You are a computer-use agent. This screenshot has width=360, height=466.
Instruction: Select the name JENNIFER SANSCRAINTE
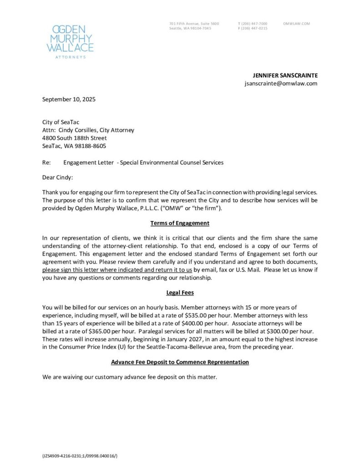(x=285, y=75)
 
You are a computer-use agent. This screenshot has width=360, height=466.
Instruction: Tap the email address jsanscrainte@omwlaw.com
(x=281, y=83)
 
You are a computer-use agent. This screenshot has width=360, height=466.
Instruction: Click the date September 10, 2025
(x=69, y=99)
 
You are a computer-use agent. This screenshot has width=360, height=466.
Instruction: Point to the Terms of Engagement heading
(x=180, y=223)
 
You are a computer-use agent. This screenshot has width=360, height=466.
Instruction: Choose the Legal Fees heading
(x=180, y=287)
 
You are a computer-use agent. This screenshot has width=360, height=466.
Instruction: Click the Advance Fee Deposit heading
(x=180, y=362)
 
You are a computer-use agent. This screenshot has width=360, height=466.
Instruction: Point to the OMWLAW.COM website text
(x=296, y=23)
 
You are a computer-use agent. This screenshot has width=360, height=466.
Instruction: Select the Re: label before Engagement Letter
(x=46, y=162)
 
